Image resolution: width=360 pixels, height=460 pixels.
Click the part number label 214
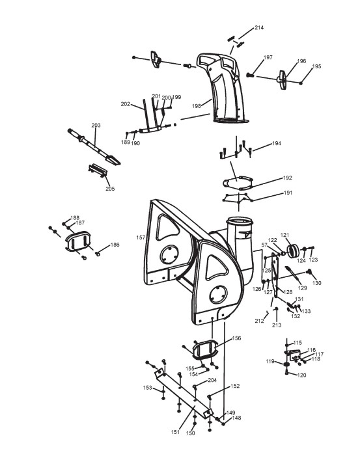click(259, 27)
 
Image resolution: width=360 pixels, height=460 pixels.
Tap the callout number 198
click(197, 106)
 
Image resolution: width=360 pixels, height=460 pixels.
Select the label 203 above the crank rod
click(96, 126)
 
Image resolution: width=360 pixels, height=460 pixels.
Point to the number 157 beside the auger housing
click(141, 237)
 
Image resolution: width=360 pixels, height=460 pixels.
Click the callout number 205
click(110, 189)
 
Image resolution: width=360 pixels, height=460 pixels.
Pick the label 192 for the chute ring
click(288, 178)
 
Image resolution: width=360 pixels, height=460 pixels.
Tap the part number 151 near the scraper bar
click(175, 432)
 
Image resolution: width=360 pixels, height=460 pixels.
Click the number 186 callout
click(115, 245)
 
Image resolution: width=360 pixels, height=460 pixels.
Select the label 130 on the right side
click(316, 283)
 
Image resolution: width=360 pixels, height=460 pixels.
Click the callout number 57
click(264, 245)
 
